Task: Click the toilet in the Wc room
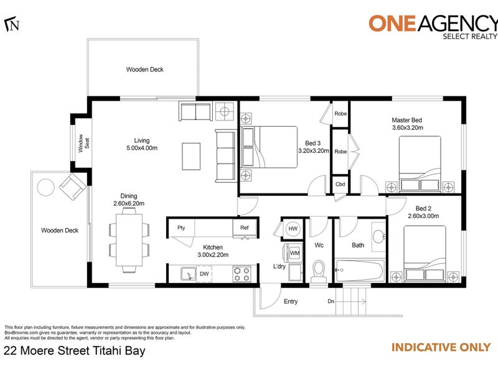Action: click(318, 271)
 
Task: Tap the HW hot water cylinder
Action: click(293, 229)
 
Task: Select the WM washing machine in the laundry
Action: click(294, 254)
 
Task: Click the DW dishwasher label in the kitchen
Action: click(204, 274)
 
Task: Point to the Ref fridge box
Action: click(245, 228)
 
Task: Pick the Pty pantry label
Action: click(181, 228)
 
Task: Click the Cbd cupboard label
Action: click(340, 185)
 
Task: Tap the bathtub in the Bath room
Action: click(358, 271)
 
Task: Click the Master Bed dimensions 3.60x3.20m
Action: click(407, 128)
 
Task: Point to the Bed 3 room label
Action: click(313, 142)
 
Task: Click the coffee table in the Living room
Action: click(192, 155)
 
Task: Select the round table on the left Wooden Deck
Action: click(46, 186)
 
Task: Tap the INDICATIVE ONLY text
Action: click(440, 348)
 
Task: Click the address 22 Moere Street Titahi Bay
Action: click(75, 351)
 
